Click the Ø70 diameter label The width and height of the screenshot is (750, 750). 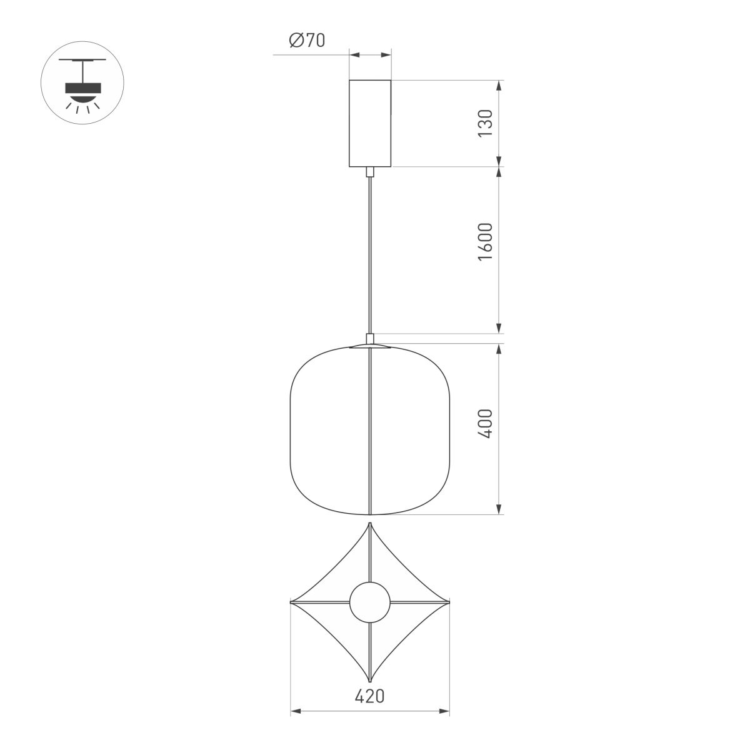coord(307,41)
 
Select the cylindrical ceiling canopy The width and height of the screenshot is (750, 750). coord(370,123)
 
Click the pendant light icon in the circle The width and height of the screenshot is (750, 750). coord(82,82)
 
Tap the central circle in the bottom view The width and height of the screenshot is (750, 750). coord(370,603)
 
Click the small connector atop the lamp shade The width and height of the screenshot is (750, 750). coord(370,339)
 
